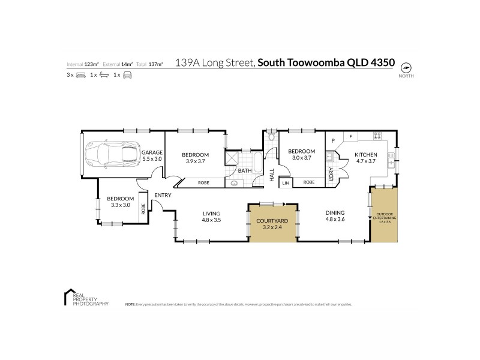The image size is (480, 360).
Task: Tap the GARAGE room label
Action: tap(152, 152)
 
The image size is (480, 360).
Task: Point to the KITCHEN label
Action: tap(365, 154)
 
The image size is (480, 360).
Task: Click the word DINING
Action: tap(335, 213)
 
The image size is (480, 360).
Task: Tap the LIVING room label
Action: tap(211, 213)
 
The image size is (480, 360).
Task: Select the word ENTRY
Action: tap(163, 195)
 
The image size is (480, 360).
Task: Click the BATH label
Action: tap(244, 170)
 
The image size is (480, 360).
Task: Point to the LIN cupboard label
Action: tap(286, 182)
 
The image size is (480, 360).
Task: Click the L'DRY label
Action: tap(331, 173)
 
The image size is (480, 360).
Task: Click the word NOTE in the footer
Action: tap(130, 305)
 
